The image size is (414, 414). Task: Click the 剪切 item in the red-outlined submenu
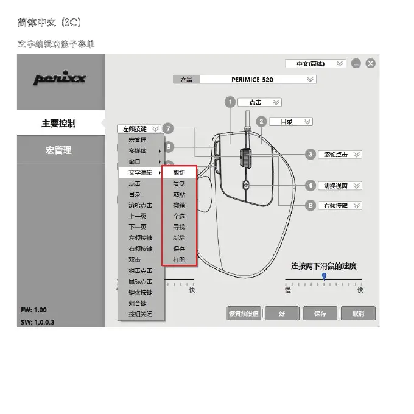179,173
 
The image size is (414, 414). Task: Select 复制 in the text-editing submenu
179,183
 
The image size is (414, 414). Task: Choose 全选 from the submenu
179,216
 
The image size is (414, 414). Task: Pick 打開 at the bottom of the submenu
179,260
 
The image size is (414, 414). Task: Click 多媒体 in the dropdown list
138,150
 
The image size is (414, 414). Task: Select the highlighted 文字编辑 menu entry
141,173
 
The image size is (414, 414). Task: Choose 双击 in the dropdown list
134,260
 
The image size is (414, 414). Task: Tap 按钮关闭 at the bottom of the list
140,314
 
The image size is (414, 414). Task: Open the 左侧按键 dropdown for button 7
141,128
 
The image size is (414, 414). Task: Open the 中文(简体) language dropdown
315,63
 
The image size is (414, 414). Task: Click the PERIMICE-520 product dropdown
258,79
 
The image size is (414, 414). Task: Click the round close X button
370,63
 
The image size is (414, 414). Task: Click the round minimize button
356,63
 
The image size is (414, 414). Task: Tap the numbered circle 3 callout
310,155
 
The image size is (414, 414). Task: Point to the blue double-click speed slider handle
324,276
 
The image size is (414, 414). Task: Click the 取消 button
357,314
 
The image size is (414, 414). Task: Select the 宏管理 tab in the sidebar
59,150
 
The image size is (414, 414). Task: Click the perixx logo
60,79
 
